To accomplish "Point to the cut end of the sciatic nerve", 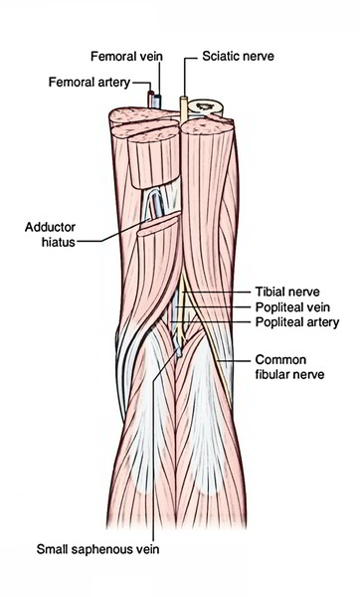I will pyautogui.click(x=185, y=99).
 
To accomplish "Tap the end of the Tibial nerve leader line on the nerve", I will pyautogui.click(x=187, y=293).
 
